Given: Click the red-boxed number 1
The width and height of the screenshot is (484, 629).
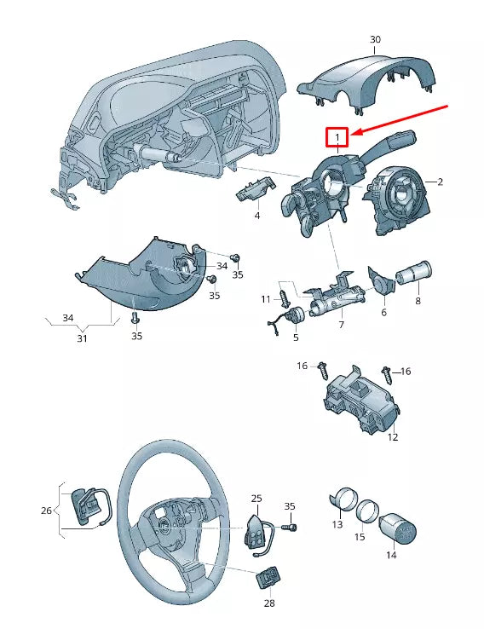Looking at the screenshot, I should tap(337, 137).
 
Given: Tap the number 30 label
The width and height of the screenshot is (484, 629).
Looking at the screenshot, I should tap(376, 40).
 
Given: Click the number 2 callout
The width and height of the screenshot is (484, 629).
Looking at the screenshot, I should tap(441, 182).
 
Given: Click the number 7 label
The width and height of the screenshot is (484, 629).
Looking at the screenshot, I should tap(341, 326).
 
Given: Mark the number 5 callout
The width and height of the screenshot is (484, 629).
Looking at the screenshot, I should tap(296, 338).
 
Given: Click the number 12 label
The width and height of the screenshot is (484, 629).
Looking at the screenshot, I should tap(392, 437).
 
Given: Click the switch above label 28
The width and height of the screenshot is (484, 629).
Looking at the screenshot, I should tap(267, 580).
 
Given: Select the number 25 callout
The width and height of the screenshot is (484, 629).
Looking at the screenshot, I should tap(256, 498).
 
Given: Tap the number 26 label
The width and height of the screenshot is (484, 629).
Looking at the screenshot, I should tap(46, 511).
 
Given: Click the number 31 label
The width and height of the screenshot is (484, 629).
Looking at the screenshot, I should tap(83, 338).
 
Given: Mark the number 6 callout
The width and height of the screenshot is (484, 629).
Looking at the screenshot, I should tap(383, 313).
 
